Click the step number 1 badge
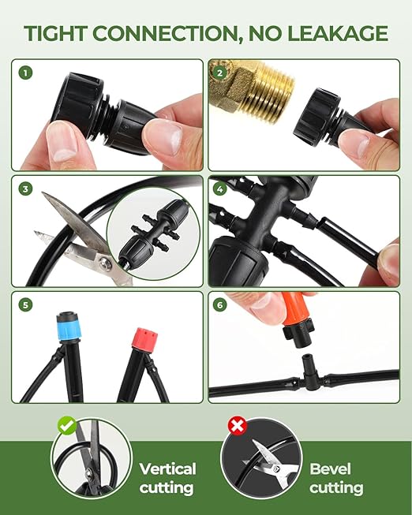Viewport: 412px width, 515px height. [x=28, y=73]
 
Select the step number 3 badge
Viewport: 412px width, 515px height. [x=28, y=189]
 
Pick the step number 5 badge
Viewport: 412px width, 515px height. [x=28, y=306]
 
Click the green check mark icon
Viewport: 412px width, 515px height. [x=66, y=426]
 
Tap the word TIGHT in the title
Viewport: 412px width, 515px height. [x=60, y=33]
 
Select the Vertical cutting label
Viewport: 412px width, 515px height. [x=167, y=478]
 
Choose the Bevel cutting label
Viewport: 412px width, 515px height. [x=336, y=478]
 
